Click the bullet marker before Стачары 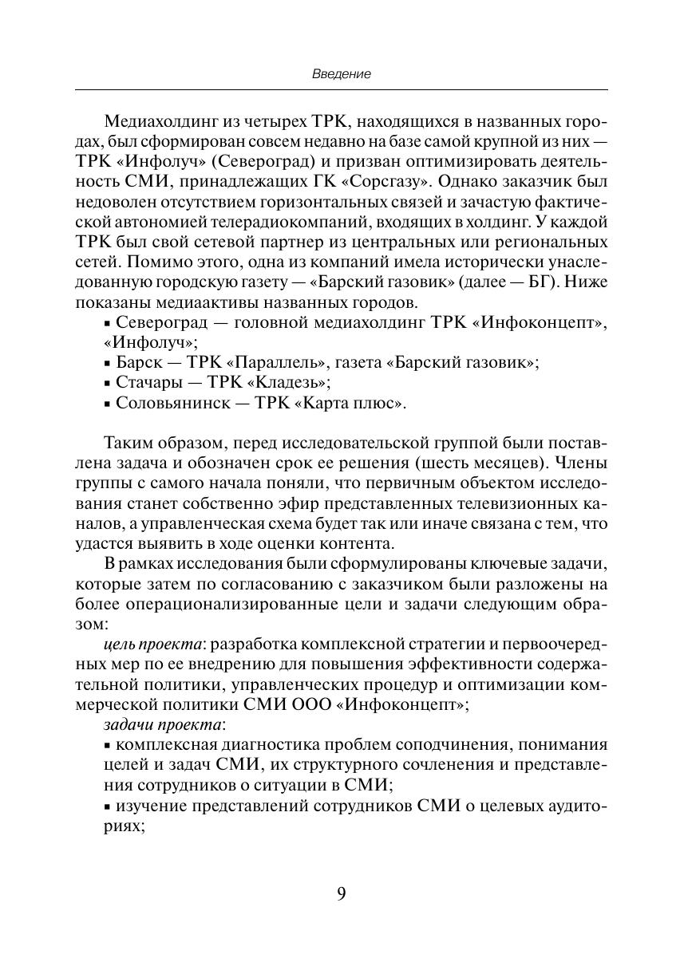pyautogui.click(x=108, y=384)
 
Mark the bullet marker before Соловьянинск pyautogui.click(x=108, y=404)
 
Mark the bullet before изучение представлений pyautogui.click(x=108, y=806)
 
